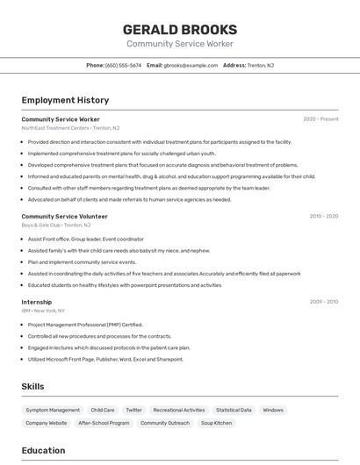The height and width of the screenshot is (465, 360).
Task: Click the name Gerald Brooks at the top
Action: [179, 30]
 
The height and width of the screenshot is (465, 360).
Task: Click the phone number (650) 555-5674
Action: [123, 65]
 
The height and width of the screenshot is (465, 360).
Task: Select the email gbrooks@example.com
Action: [190, 65]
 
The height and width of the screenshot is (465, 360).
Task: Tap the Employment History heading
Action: [65, 100]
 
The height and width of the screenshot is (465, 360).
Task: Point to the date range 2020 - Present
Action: [320, 119]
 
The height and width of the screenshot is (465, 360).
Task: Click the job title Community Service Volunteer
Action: [64, 216]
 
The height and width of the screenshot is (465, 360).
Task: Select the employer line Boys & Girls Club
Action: [55, 225]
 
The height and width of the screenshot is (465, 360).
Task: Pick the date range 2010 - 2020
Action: [323, 216]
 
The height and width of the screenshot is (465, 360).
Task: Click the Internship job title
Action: [36, 302]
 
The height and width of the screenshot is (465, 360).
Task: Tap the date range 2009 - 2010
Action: [323, 302]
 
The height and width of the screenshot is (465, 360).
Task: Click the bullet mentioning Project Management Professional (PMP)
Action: [84, 325]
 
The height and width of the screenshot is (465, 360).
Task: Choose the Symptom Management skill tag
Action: [53, 410]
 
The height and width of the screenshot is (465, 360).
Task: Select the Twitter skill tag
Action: [133, 410]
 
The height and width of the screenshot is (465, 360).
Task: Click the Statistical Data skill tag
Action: [234, 410]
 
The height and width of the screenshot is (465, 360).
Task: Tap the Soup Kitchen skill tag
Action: [216, 423]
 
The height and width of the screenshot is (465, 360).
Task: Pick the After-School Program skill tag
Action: [104, 423]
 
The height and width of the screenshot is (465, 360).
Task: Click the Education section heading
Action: [43, 450]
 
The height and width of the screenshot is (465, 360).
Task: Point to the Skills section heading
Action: [32, 386]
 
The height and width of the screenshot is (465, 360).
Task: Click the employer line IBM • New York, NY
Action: [43, 311]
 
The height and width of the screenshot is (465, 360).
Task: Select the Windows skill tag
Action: [273, 410]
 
